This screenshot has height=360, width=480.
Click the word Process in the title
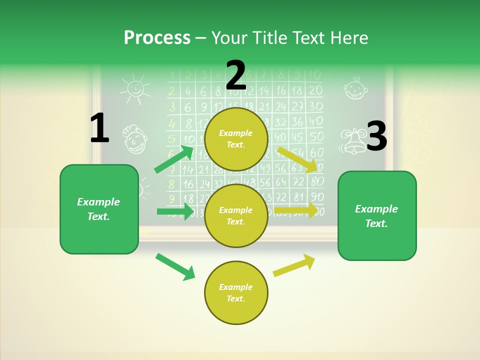click(x=157, y=37)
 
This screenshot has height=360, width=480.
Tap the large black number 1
click(x=99, y=128)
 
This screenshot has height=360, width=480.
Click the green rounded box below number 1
click(x=99, y=209)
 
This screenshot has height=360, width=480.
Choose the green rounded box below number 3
click(x=377, y=215)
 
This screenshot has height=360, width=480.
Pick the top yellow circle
click(x=236, y=138)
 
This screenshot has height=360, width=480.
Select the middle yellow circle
click(x=236, y=215)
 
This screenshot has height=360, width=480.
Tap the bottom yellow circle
click(x=236, y=292)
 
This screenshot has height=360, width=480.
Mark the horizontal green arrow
click(x=175, y=211)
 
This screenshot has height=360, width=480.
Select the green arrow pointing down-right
click(x=175, y=266)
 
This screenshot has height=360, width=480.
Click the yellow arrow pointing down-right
click(x=297, y=159)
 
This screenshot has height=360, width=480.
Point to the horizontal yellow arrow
click(x=295, y=210)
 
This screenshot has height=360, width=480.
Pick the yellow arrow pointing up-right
click(x=294, y=265)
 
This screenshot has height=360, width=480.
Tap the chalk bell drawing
click(x=353, y=141)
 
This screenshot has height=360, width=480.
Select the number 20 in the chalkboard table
click(x=315, y=90)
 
